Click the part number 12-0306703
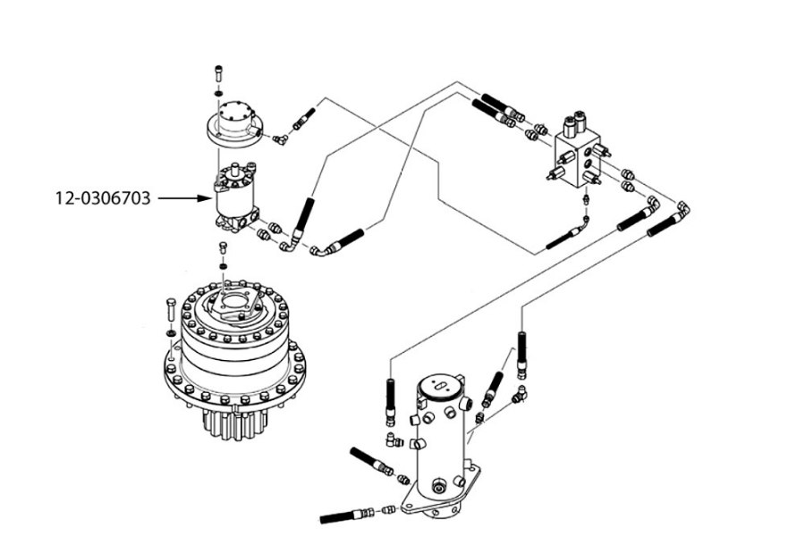tap(103, 198)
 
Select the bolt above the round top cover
tap(218, 74)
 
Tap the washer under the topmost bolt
tap(218, 93)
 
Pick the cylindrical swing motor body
tap(235, 197)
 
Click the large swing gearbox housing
tap(235, 348)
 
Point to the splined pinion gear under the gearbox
tap(235, 423)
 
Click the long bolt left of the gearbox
tap(171, 310)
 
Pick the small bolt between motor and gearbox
tap(224, 247)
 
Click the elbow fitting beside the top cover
tap(280, 138)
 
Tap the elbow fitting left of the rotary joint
tap(394, 440)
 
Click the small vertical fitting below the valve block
tap(586, 198)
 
